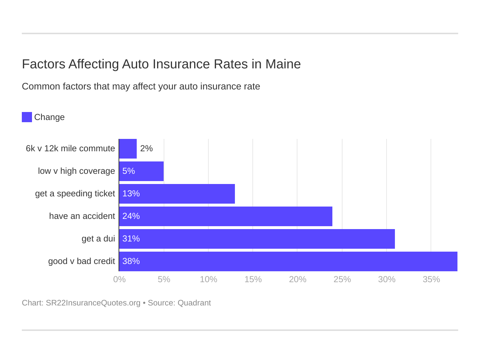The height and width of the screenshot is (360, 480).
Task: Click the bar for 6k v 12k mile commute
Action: coord(128,149)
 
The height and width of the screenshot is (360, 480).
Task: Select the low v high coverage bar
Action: coord(141,171)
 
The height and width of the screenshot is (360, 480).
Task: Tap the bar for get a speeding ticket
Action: coord(177,194)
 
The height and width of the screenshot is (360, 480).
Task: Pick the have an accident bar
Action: coord(226,216)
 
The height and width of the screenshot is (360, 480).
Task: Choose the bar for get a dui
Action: coord(257,239)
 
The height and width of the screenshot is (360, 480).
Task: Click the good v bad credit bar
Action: coord(288,261)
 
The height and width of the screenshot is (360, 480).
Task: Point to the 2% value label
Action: coord(146,148)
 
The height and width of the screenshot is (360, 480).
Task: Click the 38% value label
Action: coord(131,261)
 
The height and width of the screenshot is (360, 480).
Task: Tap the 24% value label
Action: coord(131,216)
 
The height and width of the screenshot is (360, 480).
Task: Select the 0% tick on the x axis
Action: coord(119,279)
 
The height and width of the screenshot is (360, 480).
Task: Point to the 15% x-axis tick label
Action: coord(253,279)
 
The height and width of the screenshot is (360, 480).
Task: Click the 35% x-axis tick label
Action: coord(431,279)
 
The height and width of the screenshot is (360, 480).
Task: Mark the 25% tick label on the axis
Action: coord(342,279)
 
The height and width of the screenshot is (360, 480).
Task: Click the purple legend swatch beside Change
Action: coord(27,117)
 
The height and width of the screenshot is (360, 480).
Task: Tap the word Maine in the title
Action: coord(283,64)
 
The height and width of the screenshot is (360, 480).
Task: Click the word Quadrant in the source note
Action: coord(194,303)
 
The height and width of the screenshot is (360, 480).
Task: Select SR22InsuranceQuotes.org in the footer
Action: coord(93,303)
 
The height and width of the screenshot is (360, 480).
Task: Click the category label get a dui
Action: coord(98,239)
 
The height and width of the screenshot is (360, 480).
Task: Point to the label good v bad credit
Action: coord(81,261)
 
